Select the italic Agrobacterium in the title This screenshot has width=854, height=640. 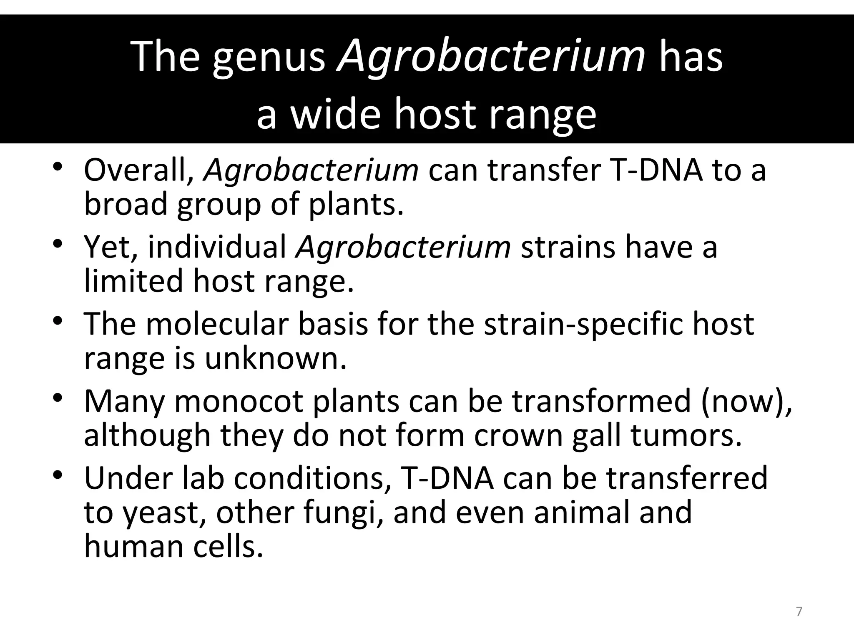491,57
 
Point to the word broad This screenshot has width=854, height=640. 126,204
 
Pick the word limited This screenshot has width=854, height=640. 133,280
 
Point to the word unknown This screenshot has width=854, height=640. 276,358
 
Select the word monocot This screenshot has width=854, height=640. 239,401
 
